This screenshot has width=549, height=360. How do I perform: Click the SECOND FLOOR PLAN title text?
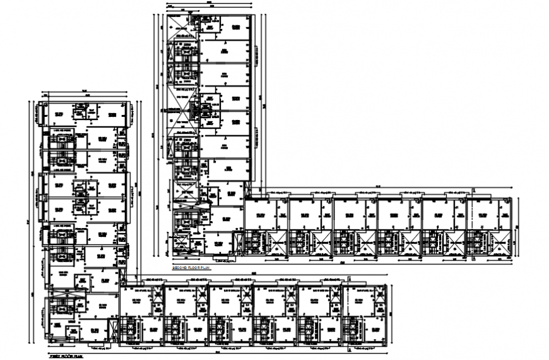tap(191, 268)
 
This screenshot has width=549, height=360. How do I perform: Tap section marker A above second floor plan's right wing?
tap(473, 188)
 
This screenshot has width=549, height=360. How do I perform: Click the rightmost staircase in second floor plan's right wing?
tap(475, 243)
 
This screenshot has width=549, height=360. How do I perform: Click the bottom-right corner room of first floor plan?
tap(372, 330)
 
